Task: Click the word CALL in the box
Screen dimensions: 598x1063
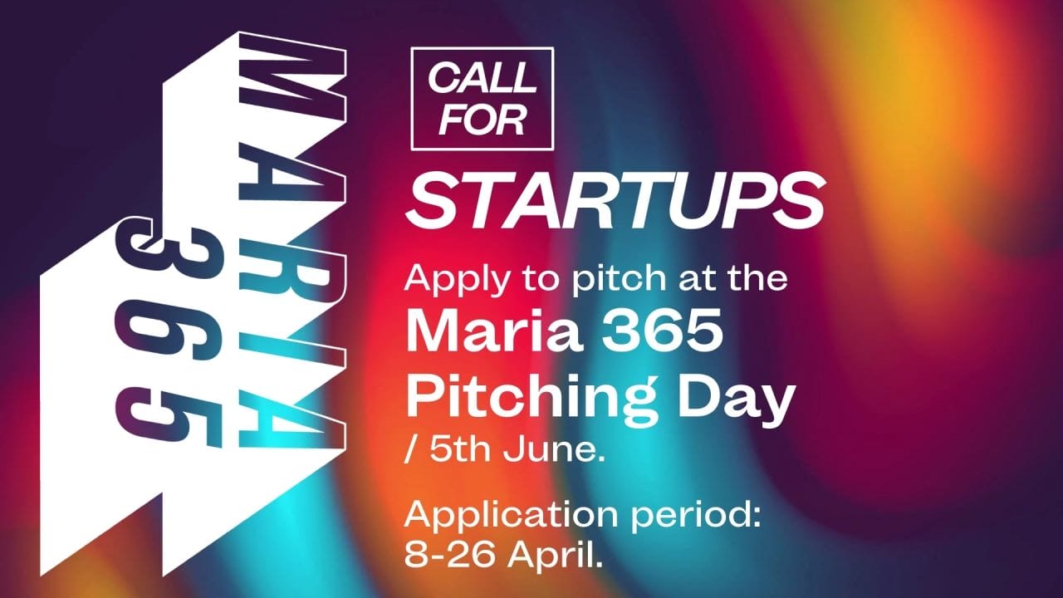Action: (x=483, y=79)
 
